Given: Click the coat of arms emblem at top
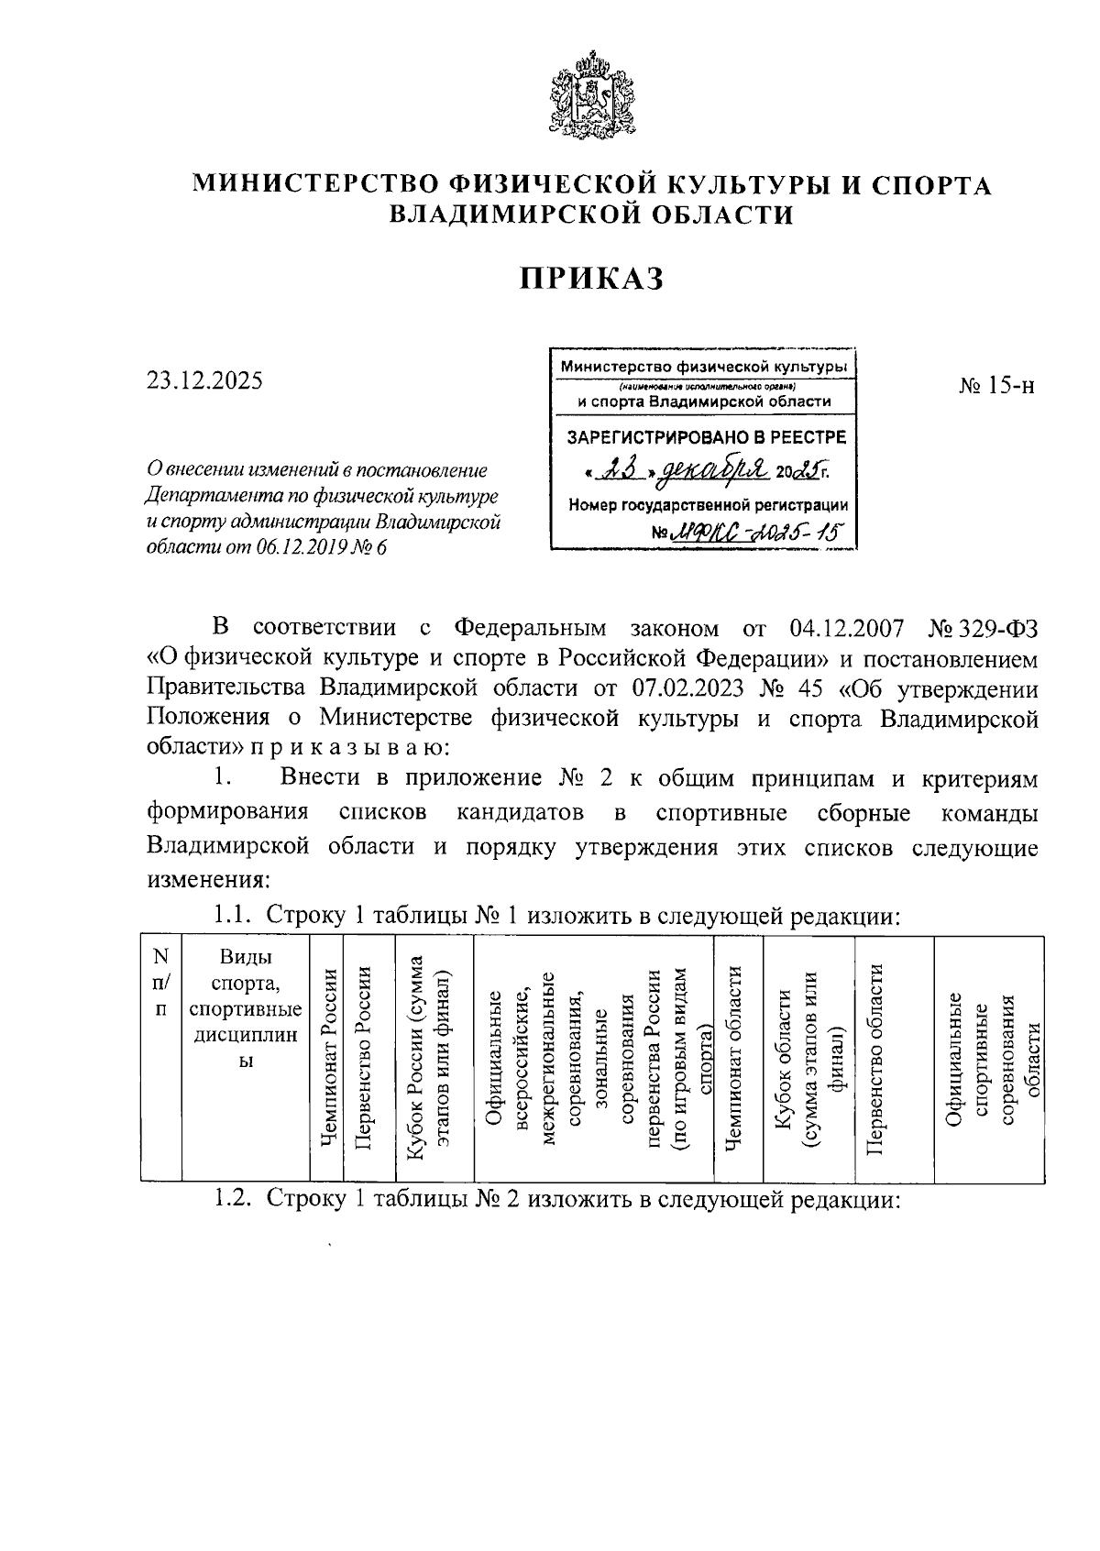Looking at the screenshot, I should click(591, 96).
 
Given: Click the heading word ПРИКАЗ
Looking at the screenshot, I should click(591, 278).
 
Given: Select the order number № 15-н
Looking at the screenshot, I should click(997, 386).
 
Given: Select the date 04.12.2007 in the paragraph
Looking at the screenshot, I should click(846, 628).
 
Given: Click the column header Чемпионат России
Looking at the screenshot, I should click(326, 1059).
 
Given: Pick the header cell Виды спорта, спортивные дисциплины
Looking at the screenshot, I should click(245, 1008).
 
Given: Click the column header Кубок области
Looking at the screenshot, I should click(807, 1059).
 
